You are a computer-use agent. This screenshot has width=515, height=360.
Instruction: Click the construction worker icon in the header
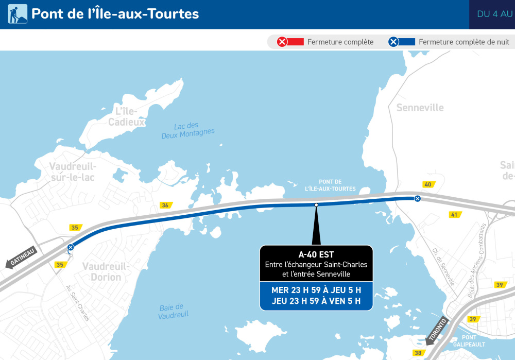pos(18,14)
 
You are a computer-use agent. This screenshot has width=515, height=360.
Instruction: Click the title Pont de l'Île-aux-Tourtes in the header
pos(115,14)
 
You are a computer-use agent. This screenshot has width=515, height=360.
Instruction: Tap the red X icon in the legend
pos(282,42)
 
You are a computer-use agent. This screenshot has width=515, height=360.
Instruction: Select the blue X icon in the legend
pos(393,42)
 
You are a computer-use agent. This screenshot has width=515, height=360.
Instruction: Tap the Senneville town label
pos(420,108)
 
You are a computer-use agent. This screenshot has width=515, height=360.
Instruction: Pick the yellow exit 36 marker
pos(165,205)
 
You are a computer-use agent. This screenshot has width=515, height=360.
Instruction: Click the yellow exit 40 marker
pos(427,184)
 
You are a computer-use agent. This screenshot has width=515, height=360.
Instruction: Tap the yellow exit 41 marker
pos(454,214)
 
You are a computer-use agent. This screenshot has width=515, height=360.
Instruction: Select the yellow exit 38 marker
pos(418,353)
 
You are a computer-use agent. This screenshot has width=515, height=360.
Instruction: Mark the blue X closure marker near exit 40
pos(418,199)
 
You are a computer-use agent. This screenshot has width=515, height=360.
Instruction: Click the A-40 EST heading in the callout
pos(316,254)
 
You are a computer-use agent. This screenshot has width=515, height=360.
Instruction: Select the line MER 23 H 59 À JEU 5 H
pos(316,290)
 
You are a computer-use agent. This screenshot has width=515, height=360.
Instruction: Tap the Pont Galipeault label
pos(469,341)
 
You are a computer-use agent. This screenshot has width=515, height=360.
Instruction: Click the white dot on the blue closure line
pos(316,205)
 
